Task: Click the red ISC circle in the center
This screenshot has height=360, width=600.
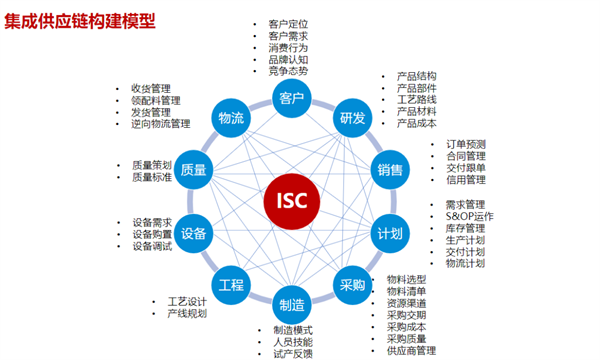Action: click(292, 201)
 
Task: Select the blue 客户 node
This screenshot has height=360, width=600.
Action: click(292, 98)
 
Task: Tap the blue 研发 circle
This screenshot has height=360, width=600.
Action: click(352, 118)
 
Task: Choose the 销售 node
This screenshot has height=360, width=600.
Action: click(390, 170)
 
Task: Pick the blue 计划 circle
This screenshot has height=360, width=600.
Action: click(390, 233)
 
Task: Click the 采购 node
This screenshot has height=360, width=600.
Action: click(352, 284)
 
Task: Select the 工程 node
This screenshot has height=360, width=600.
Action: click(231, 284)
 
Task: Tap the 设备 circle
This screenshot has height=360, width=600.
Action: click(194, 233)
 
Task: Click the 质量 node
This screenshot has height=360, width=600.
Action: click(194, 170)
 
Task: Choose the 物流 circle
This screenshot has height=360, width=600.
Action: click(231, 118)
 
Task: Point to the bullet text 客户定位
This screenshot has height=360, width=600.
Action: click(288, 22)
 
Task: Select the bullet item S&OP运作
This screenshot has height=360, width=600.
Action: click(469, 216)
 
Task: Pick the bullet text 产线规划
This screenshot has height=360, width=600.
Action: click(187, 314)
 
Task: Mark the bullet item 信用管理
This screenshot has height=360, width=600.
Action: click(465, 180)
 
